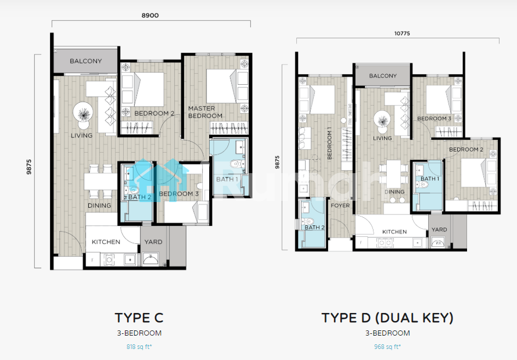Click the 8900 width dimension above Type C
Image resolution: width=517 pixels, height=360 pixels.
tap(150, 16)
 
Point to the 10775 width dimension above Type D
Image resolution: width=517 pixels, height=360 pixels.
tap(402, 33)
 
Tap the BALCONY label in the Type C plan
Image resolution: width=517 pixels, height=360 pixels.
tap(86, 61)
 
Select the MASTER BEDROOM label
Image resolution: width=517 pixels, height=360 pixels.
tap(205, 112)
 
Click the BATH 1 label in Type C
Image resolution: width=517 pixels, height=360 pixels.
tap(227, 179)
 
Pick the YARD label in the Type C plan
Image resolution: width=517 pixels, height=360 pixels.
tap(153, 242)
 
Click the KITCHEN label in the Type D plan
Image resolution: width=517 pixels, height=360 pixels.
tap(394, 232)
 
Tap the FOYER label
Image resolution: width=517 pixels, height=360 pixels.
tap(340, 206)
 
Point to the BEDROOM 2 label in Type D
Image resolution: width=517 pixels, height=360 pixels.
tap(466, 149)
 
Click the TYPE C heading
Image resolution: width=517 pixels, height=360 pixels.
tap(139, 318)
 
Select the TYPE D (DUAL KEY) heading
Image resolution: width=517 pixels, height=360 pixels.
tap(387, 318)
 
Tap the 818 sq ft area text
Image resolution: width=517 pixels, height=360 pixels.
tap(139, 347)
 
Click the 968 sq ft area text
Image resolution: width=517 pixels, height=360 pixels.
tap(387, 347)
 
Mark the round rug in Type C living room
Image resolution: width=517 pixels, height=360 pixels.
tap(83, 113)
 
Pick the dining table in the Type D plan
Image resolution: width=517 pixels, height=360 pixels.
tap(393, 174)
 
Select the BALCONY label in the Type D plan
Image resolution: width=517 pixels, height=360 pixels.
tap(383, 76)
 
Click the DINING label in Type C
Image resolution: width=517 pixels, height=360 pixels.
tap(99, 206)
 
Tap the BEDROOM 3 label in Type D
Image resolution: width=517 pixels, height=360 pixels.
tap(434, 118)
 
